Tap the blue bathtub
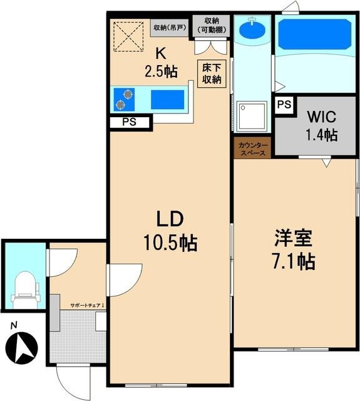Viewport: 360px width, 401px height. [315, 34]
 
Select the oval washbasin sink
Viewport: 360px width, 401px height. [252, 29]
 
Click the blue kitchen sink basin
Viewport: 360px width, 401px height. [168, 100]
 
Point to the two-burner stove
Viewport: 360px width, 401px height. [124, 100]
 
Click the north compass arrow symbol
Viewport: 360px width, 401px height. [21, 347]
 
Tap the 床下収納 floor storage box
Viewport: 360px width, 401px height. [212, 74]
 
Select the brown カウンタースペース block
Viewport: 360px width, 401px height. [252, 148]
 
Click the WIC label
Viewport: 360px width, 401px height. [321, 117]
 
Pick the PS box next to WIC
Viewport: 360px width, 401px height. [284, 105]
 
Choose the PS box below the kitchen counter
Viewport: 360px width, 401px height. [130, 122]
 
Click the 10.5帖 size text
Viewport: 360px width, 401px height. [170, 242]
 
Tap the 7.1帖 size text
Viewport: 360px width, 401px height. [294, 261]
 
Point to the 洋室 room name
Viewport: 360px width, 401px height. [293, 238]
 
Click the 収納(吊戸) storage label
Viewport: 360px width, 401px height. [170, 28]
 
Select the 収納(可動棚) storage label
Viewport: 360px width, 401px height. [212, 25]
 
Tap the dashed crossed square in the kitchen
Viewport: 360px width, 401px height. [128, 36]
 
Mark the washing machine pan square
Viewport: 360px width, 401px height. [252, 117]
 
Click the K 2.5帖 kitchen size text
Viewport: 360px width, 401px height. [161, 63]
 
